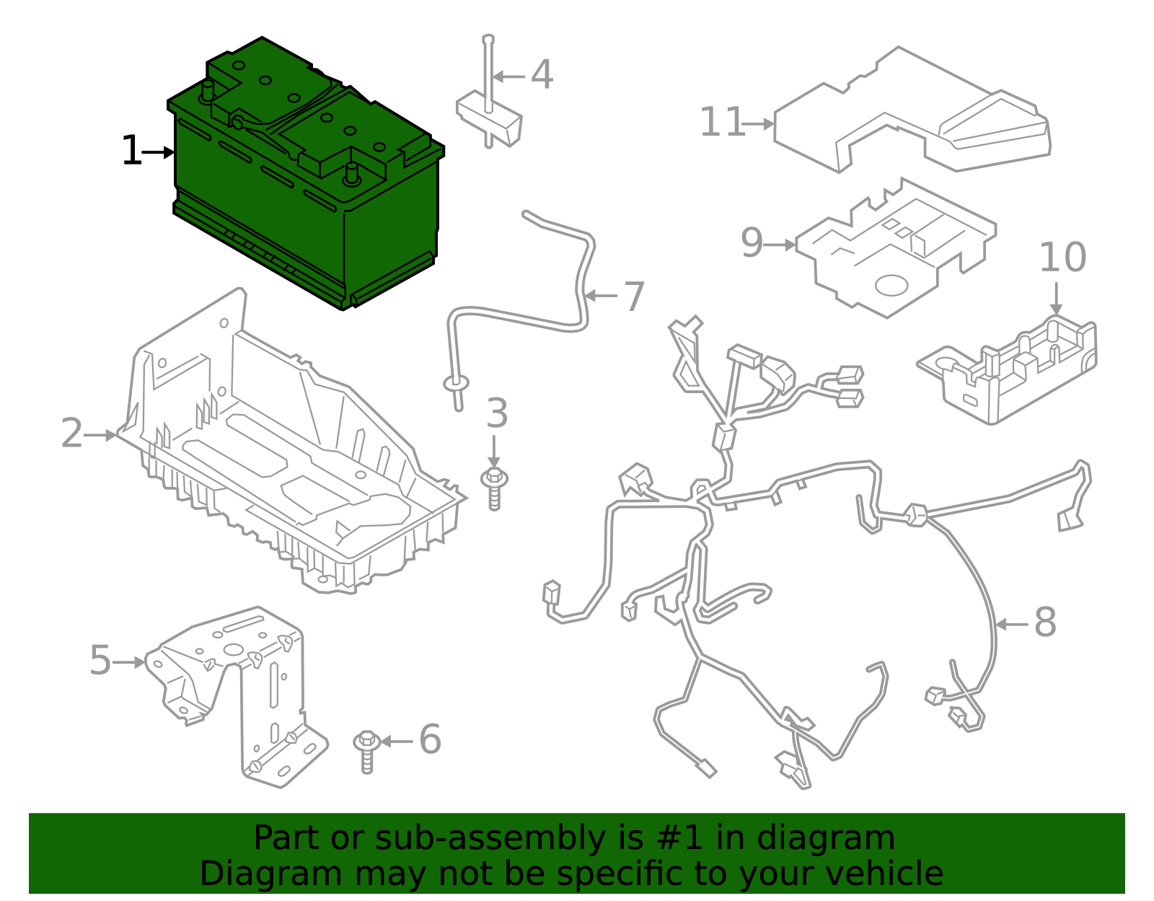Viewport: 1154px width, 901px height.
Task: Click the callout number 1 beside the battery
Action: pos(131,151)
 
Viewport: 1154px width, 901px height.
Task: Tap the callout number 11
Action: pos(722,123)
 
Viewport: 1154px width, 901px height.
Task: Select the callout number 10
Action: pos(1062,258)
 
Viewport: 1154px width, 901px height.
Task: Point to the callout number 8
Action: pos(1045,623)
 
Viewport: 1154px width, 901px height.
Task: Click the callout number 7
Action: pos(634,296)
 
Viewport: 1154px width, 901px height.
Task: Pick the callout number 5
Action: pos(100,661)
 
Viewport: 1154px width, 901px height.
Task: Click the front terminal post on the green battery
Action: pos(352,173)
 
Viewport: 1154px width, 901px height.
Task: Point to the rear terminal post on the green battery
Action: pos(208,91)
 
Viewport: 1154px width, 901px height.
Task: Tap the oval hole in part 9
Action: pos(891,285)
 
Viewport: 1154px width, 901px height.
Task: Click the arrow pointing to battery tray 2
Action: pos(100,435)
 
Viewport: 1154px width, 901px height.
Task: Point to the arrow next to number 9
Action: pos(780,245)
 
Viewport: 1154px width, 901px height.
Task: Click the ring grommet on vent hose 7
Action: pos(456,382)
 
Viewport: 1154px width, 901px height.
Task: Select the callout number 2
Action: pos(71,434)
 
